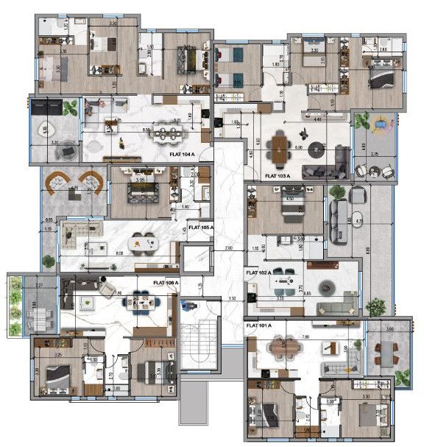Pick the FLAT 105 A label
click(x=200, y=228)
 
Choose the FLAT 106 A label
click(x=166, y=282)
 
